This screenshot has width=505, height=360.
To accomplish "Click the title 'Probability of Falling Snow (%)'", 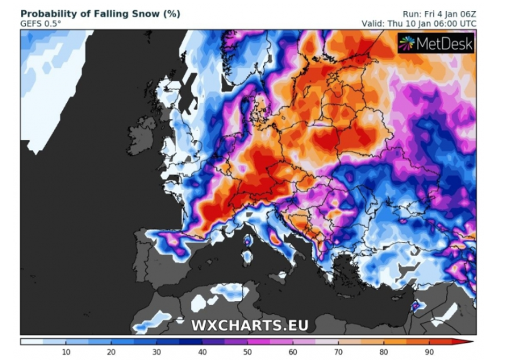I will [x=100, y=13].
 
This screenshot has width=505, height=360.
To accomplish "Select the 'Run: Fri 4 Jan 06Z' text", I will [x=439, y=13].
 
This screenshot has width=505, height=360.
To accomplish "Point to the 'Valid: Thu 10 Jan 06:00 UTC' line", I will [x=420, y=23].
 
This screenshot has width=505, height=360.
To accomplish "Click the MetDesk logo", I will [x=436, y=43].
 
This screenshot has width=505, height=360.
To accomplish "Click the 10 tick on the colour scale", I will [x=66, y=352].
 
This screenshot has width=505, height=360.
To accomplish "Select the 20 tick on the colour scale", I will [x=111, y=352].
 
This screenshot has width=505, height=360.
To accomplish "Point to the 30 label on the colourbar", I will [x=157, y=352].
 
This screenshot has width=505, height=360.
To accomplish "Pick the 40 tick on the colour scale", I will [x=202, y=352].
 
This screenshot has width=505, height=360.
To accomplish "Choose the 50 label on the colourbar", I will [x=247, y=352].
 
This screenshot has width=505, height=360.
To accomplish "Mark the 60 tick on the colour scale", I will [x=293, y=352].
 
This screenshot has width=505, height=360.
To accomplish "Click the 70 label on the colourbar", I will [x=338, y=352].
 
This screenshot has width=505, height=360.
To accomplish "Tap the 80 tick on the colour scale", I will [x=384, y=352].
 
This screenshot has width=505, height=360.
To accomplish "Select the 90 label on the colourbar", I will [x=429, y=352].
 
